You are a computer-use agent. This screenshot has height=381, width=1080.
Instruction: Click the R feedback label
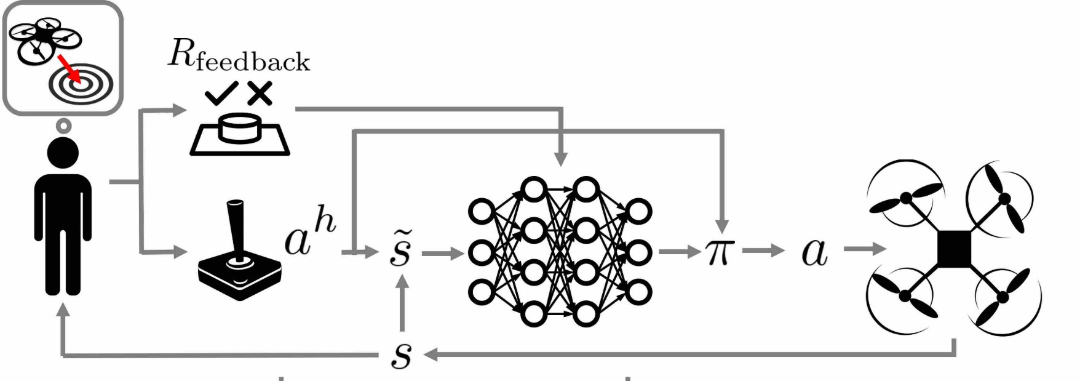239,57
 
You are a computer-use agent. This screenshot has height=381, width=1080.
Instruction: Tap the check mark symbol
222,94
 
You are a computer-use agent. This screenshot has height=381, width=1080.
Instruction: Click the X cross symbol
260,93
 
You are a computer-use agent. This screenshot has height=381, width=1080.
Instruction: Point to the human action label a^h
310,234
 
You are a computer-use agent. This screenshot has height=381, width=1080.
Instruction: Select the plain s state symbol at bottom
402,354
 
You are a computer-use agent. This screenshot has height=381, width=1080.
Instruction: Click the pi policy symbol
720,251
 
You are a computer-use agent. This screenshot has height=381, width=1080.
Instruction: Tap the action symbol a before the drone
814,252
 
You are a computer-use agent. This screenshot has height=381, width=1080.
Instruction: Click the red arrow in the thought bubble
69,68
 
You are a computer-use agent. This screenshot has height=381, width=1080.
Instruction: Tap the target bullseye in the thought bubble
81,86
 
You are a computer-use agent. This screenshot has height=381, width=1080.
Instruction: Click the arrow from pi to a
763,251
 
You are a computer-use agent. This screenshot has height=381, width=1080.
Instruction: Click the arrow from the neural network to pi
680,252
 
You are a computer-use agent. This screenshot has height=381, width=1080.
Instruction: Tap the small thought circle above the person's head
63,126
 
